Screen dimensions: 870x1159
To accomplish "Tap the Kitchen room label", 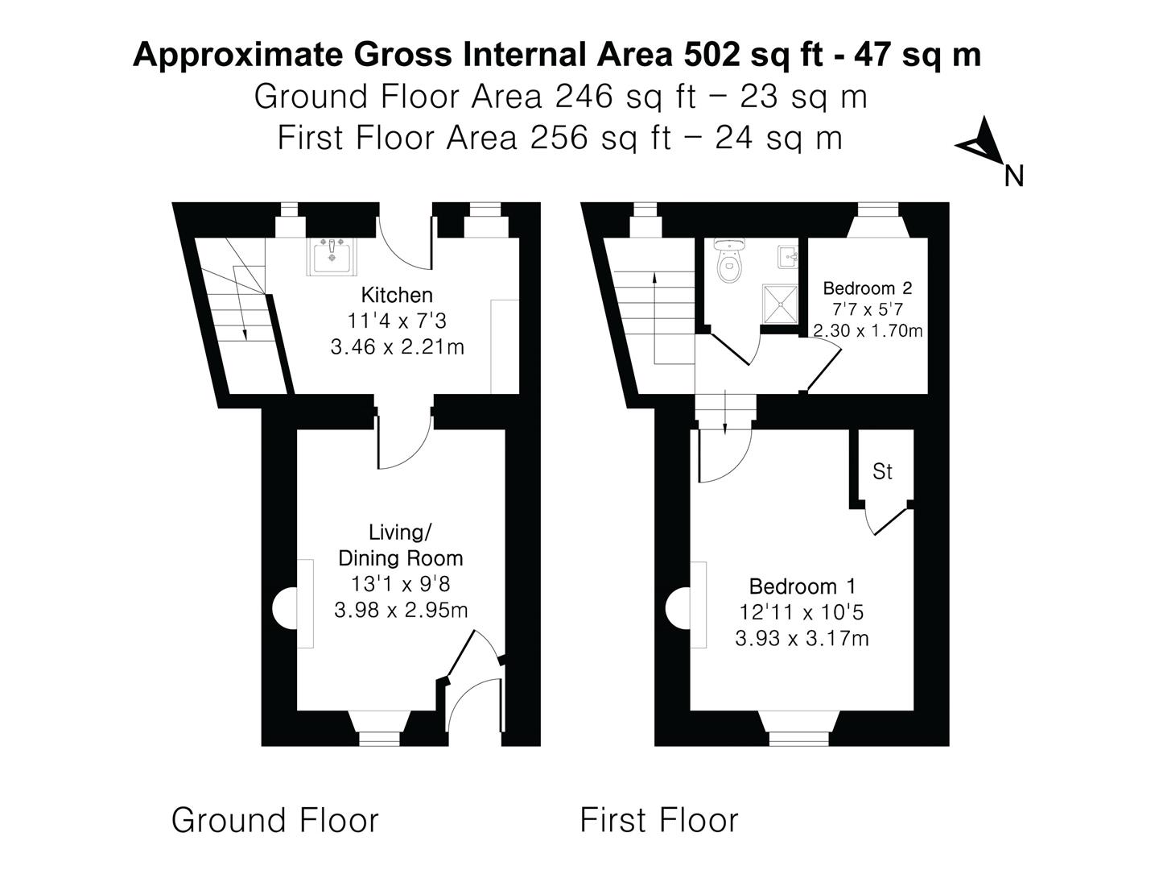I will coord(397,295).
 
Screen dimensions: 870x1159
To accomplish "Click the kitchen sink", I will coord(331,257).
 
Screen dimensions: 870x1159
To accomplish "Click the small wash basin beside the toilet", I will coord(788,257).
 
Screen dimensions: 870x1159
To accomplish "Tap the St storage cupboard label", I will coord(882,471).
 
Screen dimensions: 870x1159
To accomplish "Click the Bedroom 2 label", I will coord(867,288).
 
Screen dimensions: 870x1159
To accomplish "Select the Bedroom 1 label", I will coord(802,586).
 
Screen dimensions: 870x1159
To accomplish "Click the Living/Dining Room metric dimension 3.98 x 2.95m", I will coord(401,610).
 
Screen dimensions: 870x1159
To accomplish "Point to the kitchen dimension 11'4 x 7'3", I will coord(397,321).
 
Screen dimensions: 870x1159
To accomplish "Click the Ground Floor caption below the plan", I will coord(274,820).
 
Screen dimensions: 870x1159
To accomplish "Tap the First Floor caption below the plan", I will coord(658,820).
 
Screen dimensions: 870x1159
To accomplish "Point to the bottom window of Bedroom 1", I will coord(798,737).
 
